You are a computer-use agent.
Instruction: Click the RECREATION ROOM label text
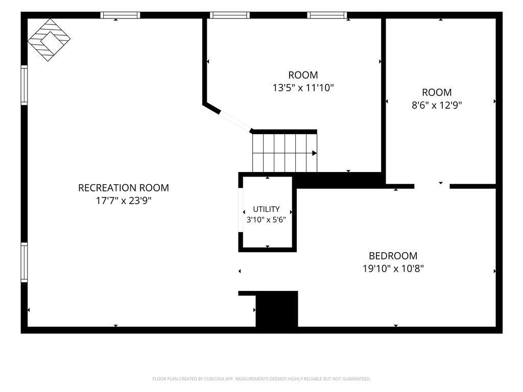tap(124, 188)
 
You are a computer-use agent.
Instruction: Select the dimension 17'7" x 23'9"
tap(124, 201)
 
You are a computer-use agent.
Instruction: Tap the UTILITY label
tap(266, 209)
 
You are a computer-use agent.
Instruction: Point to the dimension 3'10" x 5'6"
tap(266, 219)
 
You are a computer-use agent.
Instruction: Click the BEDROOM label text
tap(393, 256)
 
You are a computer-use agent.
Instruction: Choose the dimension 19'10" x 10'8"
tap(393, 268)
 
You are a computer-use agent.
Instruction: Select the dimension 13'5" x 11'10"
tap(303, 88)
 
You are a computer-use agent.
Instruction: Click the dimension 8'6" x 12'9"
tap(437, 105)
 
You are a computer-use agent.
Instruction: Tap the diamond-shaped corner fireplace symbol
tap(49, 40)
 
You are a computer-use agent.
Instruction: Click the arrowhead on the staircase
tap(314, 153)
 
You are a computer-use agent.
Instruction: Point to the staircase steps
tap(284, 153)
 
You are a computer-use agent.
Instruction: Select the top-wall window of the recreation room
tap(120, 15)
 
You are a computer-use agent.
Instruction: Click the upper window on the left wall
tap(24, 85)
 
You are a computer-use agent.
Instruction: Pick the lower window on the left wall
tap(24, 262)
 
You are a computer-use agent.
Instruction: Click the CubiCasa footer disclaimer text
tap(261, 379)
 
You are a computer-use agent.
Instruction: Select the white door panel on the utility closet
tap(241, 210)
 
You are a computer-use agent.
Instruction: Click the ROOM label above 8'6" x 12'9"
tap(437, 92)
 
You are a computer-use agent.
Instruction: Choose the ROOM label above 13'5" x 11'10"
tap(303, 75)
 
